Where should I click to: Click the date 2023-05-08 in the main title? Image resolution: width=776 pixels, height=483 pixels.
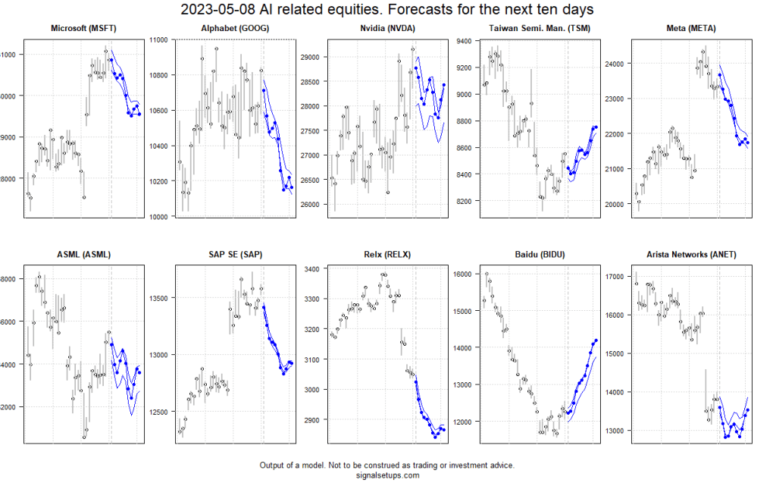(x=217, y=10)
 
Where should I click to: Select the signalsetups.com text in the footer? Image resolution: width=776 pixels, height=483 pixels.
(x=387, y=475)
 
